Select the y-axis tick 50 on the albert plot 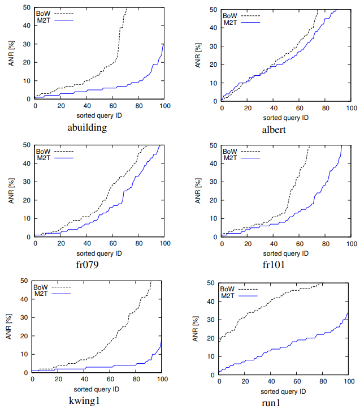coord(212,10)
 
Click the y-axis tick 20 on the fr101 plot coord(213,200)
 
